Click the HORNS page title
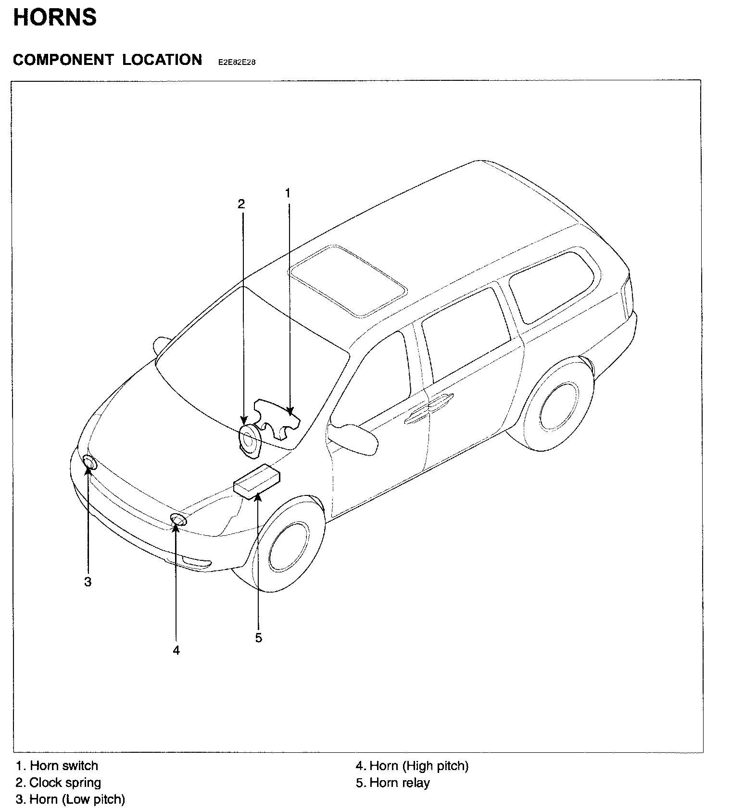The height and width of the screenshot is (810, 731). (x=55, y=18)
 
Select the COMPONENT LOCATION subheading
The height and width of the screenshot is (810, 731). (x=107, y=60)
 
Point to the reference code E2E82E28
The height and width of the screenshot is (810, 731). (x=236, y=62)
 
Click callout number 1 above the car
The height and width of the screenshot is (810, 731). (x=288, y=193)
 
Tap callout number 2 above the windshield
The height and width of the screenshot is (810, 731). (x=241, y=204)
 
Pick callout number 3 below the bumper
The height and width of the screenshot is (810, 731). (x=88, y=582)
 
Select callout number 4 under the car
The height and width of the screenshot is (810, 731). (x=176, y=650)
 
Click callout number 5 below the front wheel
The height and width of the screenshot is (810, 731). (x=259, y=638)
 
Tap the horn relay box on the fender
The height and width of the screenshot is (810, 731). (x=257, y=479)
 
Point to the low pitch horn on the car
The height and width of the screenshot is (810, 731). (x=89, y=462)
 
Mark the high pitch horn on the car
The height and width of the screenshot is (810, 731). (x=178, y=519)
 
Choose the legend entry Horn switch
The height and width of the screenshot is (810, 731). (x=57, y=766)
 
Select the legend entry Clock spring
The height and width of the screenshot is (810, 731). (x=59, y=783)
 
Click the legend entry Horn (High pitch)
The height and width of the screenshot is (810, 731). (x=412, y=766)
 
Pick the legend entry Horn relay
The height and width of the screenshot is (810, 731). (x=393, y=783)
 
